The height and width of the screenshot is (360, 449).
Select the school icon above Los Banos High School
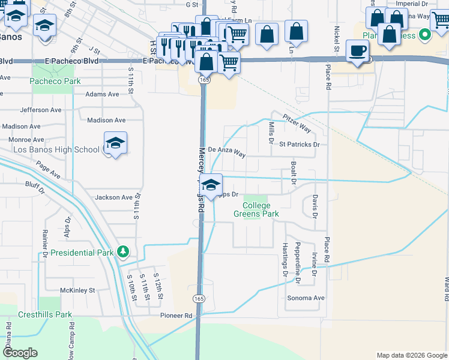point(115,143)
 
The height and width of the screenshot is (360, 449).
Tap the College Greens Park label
point(256,209)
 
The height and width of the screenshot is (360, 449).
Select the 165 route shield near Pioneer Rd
point(199,298)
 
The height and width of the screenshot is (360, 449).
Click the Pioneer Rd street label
point(175,316)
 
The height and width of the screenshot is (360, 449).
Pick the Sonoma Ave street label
point(306,298)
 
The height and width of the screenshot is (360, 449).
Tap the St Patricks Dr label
point(299,145)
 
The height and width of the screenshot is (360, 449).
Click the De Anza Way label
point(227,152)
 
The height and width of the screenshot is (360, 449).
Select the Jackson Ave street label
point(113,197)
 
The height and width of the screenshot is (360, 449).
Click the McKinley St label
point(78,290)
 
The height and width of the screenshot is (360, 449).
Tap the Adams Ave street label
point(103,94)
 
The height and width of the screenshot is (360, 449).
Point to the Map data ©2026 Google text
point(411,355)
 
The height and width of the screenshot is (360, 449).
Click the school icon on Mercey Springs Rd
point(211,185)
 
